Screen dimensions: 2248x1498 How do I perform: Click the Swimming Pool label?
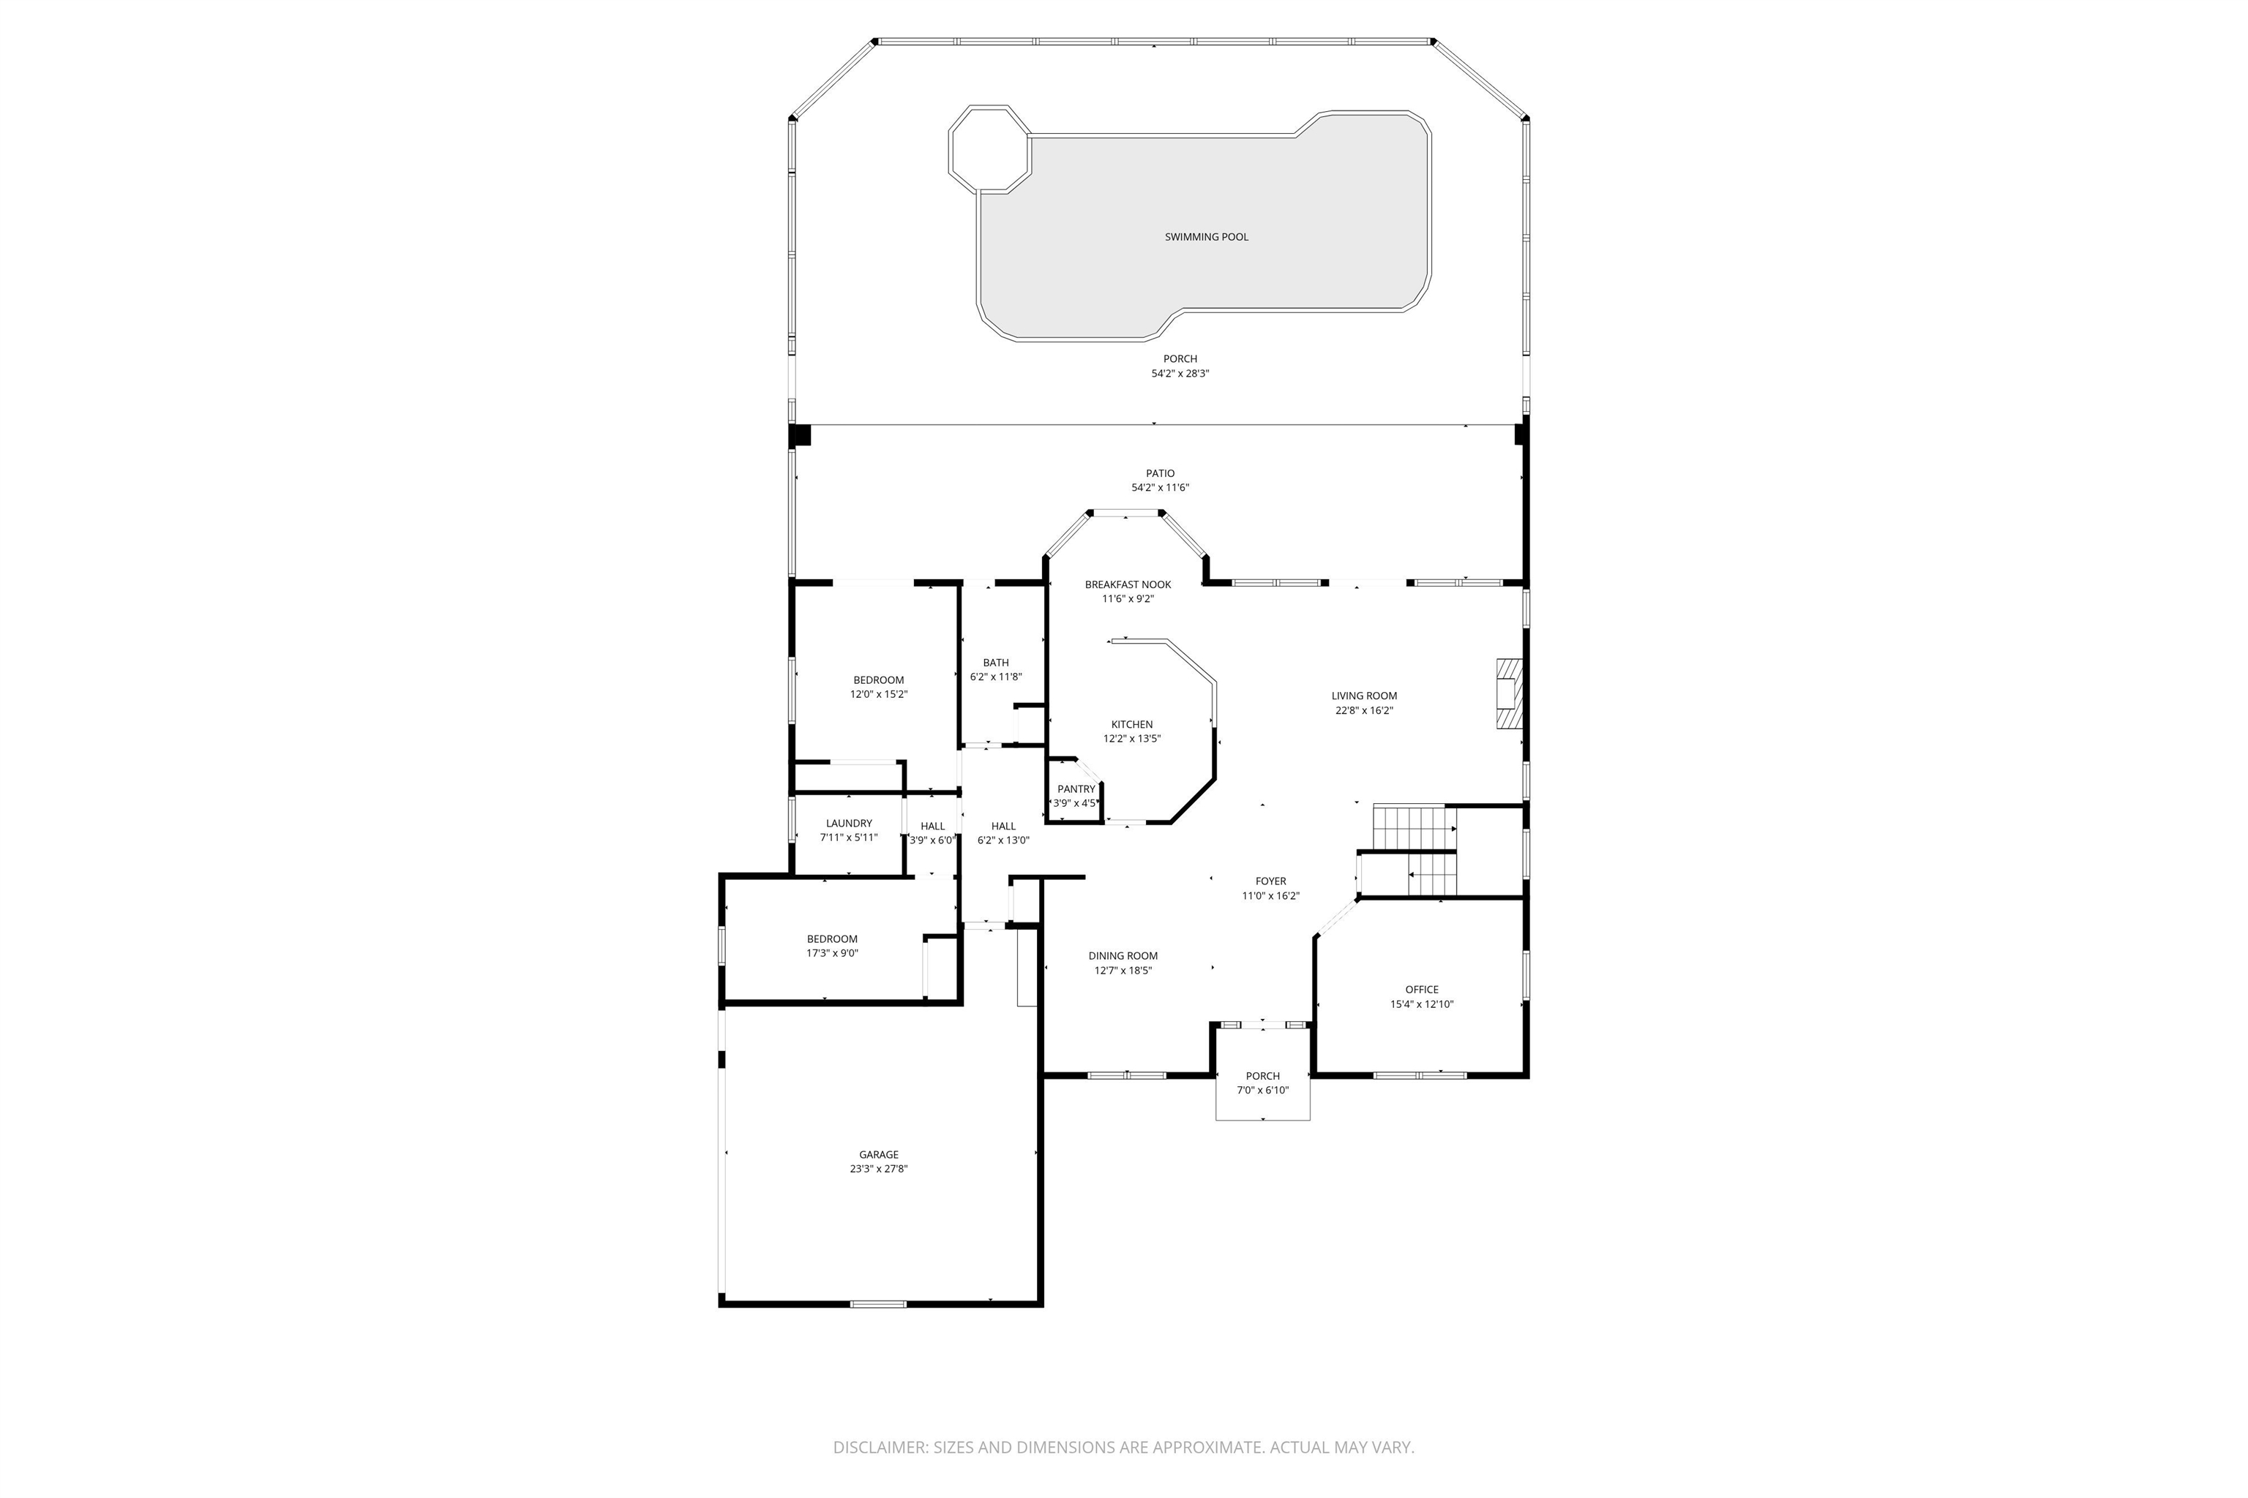pos(1206,237)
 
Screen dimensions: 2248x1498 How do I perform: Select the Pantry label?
pos(1076,789)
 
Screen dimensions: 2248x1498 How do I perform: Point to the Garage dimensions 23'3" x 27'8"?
pos(878,1168)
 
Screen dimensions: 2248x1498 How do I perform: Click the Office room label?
pos(1421,990)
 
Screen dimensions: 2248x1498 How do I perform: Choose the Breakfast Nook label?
pos(1128,584)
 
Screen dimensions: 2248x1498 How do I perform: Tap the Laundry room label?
pos(849,824)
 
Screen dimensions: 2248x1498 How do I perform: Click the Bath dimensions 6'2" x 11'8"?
pos(996,677)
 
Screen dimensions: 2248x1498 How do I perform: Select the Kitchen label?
pos(1131,724)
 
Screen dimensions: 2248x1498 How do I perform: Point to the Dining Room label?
pos(1123,955)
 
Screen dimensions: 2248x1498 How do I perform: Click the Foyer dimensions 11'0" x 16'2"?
pos(1270,896)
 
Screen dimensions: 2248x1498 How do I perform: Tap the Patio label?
pos(1161,473)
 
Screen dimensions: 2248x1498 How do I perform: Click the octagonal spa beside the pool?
pos(989,149)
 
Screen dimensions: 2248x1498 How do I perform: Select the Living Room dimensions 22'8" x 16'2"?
pos(1364,711)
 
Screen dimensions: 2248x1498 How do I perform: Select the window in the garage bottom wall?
pos(878,1303)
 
